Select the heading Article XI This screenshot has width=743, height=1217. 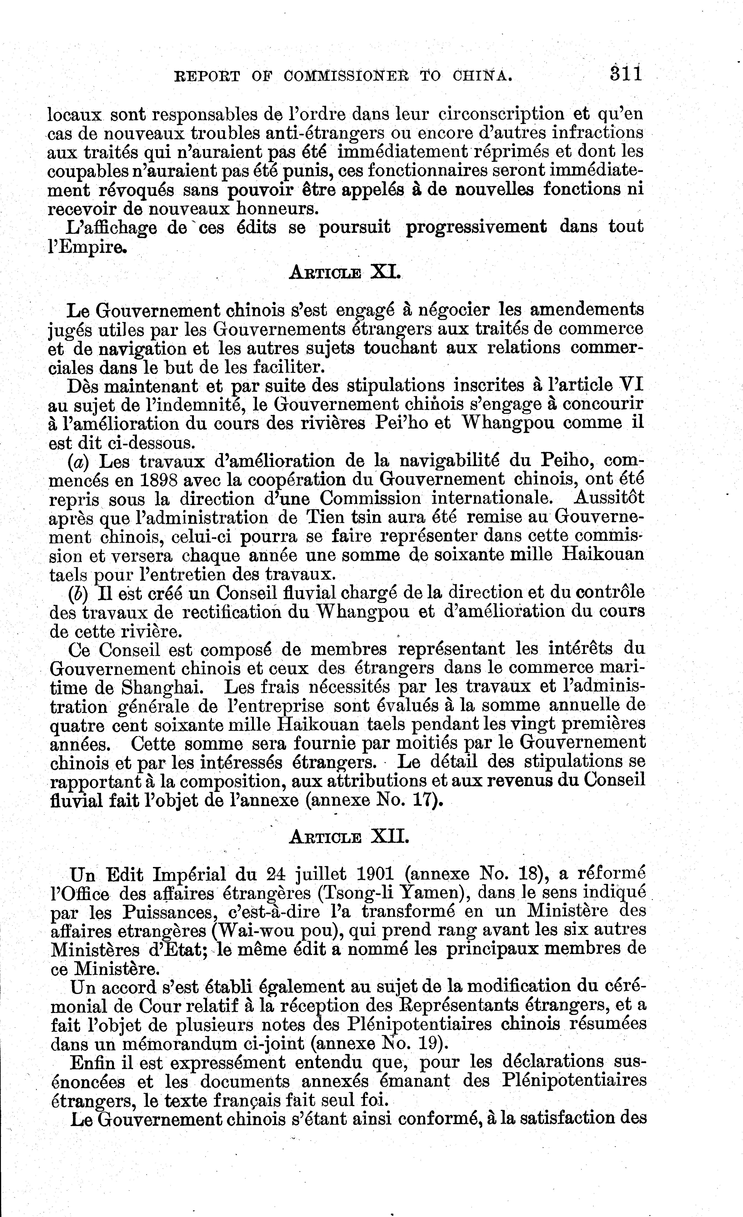(345, 272)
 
